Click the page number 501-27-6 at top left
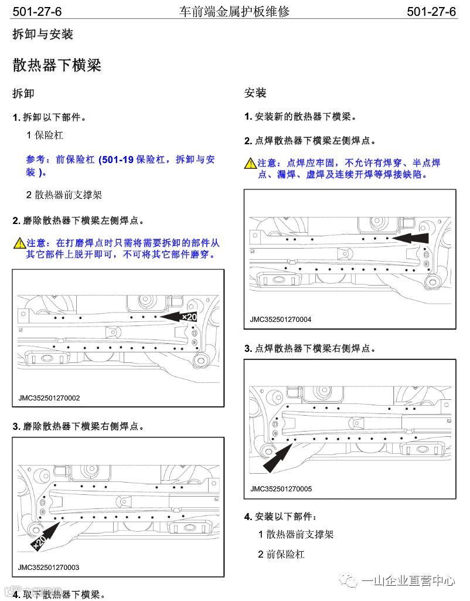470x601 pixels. (x=37, y=11)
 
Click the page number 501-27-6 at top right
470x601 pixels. (x=431, y=11)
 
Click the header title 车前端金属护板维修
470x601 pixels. (x=234, y=11)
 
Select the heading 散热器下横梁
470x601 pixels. (x=57, y=65)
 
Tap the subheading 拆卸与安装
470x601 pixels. (x=43, y=35)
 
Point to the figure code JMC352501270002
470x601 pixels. (x=49, y=398)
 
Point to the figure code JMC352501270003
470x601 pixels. (x=49, y=567)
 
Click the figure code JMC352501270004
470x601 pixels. (x=281, y=320)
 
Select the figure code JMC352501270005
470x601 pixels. (x=281, y=488)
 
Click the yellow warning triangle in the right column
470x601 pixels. (x=250, y=163)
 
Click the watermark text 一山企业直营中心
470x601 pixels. (x=408, y=580)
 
